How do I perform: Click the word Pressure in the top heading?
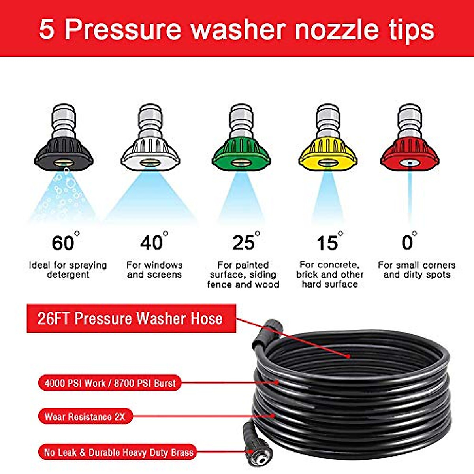(122, 30)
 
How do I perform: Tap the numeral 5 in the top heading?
(47, 30)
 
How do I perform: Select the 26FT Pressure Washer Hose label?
(131, 318)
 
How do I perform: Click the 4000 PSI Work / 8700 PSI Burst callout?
(110, 383)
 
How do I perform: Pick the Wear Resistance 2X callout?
(85, 417)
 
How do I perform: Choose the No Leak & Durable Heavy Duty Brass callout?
(118, 452)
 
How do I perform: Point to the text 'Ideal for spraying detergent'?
(68, 269)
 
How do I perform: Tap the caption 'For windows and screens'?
(154, 269)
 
